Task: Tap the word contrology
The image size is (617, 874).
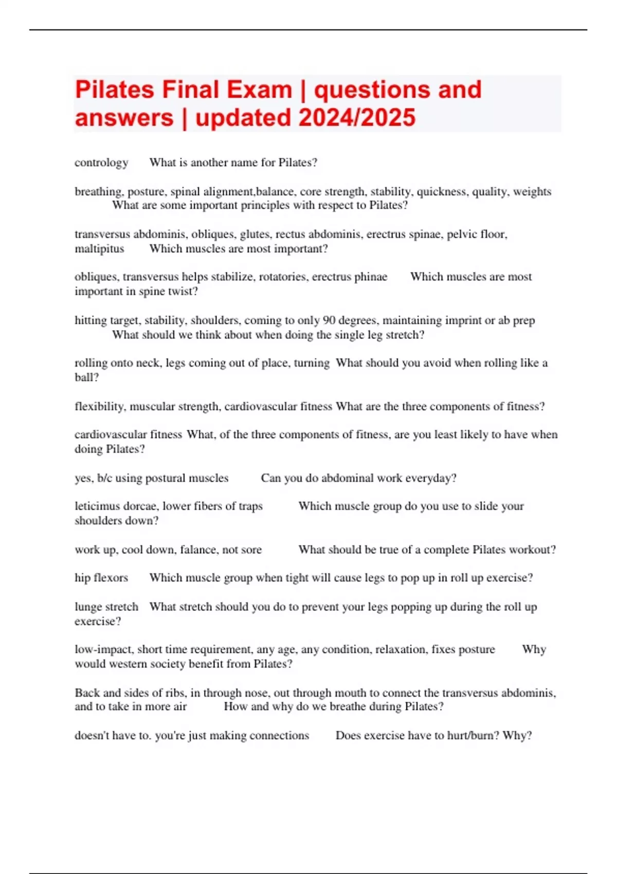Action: (101, 162)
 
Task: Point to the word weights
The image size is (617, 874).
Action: (532, 191)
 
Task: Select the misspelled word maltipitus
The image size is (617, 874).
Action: (99, 249)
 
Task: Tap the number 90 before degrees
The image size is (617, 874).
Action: (329, 320)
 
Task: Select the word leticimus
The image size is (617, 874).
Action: (96, 506)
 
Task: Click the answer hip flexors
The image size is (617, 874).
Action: (101, 578)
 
